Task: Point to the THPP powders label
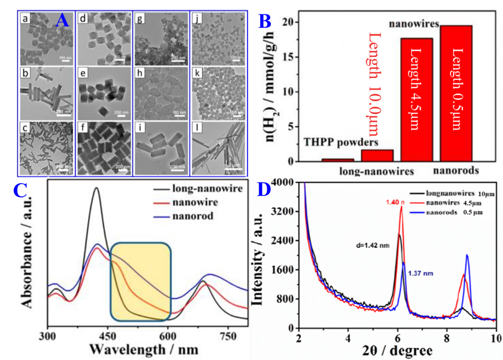[x=341, y=142]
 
